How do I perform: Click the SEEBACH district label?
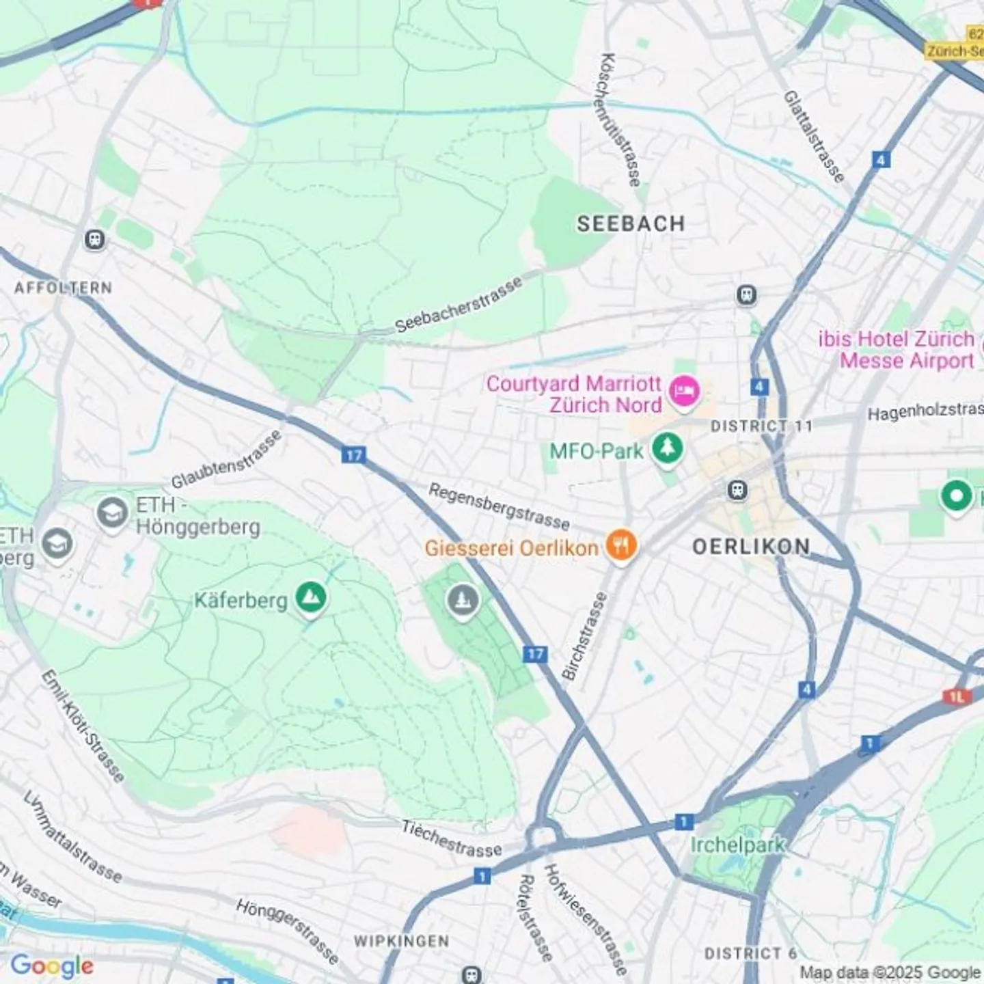630,223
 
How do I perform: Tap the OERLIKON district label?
751,546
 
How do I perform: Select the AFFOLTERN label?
63,288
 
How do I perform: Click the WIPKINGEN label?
402,941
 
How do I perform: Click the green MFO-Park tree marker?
667,449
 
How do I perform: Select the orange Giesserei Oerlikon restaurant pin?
621,546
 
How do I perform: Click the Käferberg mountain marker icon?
311,599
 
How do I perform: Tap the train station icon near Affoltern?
94,240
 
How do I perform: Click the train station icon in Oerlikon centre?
737,489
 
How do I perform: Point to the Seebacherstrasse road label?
459,304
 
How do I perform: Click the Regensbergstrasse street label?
499,506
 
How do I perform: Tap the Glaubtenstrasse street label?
225,460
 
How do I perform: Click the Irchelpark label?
737,845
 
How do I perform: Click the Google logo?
51,966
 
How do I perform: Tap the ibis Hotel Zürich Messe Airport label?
897,349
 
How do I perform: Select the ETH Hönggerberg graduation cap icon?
112,512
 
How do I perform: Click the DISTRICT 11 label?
761,426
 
